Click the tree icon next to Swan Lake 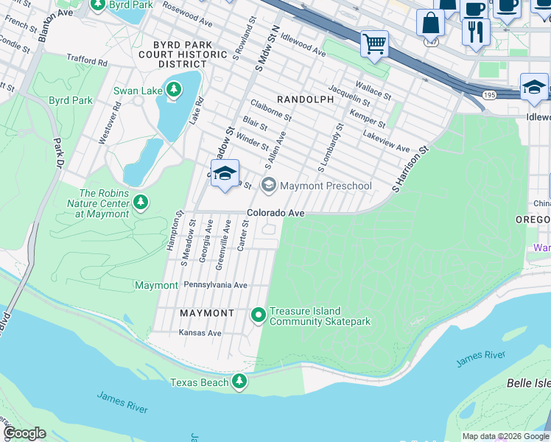point(173,91)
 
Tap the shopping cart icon point(375,43)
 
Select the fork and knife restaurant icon point(475,31)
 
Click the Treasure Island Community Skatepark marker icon point(259,315)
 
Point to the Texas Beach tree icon point(239,382)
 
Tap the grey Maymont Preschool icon point(269,185)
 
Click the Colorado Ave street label point(275,213)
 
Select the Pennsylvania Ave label point(215,285)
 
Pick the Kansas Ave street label point(200,333)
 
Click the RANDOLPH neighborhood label point(301,98)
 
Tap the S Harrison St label point(410,169)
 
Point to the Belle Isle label point(528,384)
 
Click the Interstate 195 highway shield point(491,95)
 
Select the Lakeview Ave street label point(386,142)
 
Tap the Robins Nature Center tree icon point(141,202)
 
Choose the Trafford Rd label point(87,62)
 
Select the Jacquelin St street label point(349,96)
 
